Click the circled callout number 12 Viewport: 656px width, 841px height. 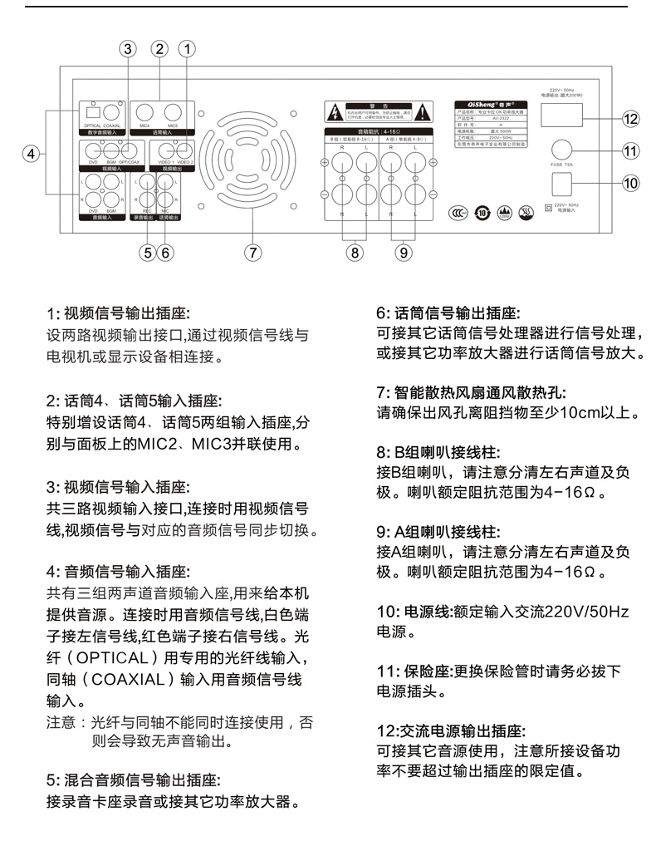pos(630,120)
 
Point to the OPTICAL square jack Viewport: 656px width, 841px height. pos(93,112)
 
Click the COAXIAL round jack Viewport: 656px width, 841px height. pos(112,112)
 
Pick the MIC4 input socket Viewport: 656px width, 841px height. pos(144,111)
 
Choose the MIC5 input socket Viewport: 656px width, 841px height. pos(173,111)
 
